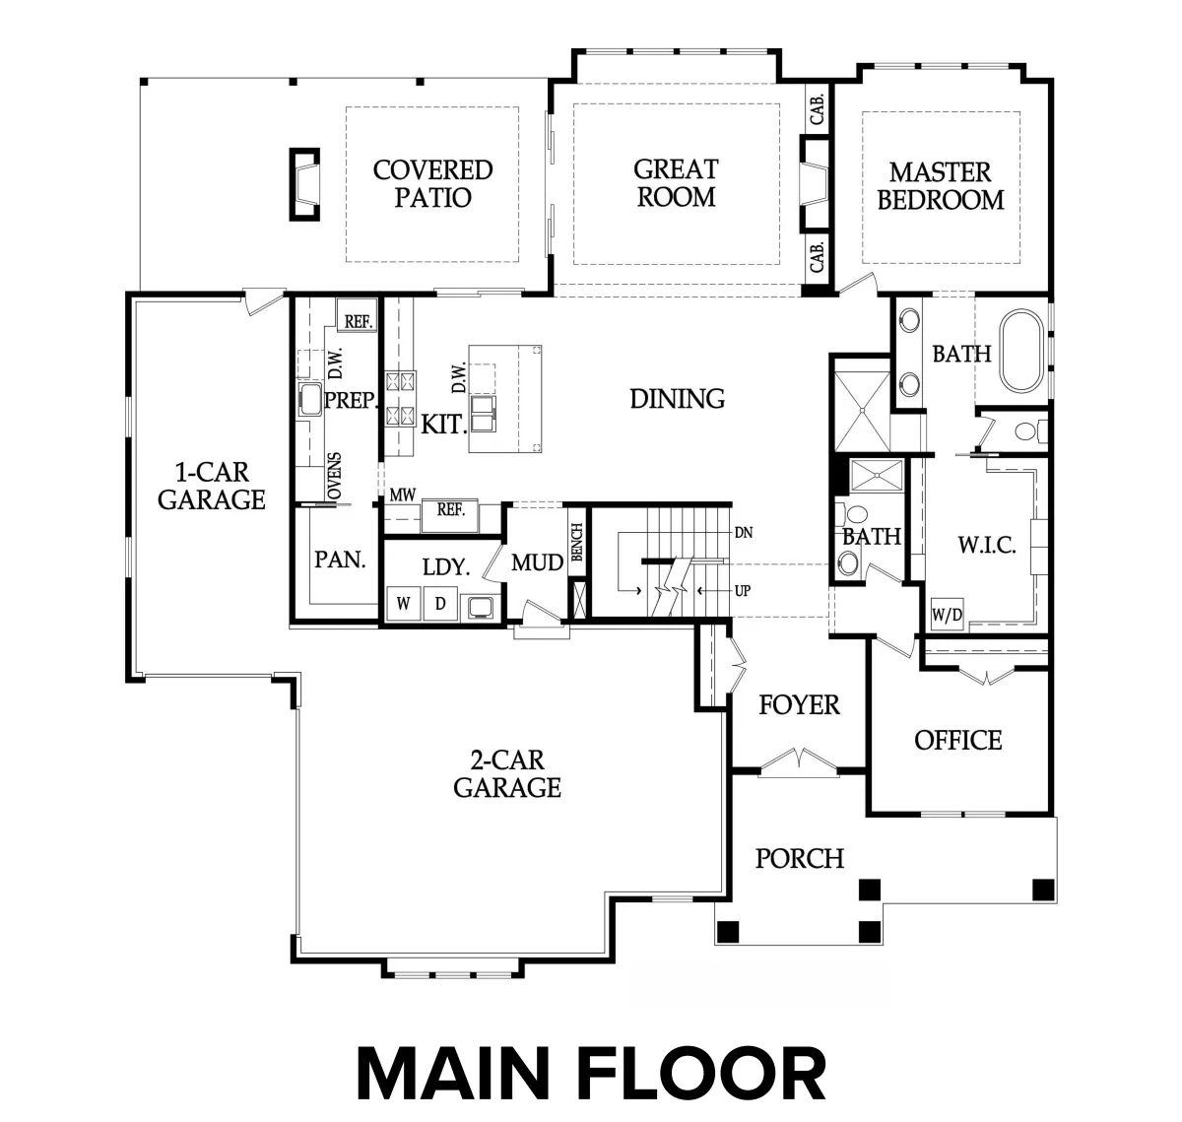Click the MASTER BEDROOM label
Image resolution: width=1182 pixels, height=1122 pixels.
940,186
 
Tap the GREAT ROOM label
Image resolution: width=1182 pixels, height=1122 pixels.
676,183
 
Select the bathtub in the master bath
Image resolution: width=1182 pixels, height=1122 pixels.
1021,351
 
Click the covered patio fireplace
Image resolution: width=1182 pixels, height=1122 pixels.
304,184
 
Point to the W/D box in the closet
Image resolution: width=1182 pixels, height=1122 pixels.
947,614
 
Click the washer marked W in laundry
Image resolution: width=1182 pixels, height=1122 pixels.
403,603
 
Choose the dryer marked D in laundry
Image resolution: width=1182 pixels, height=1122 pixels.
440,603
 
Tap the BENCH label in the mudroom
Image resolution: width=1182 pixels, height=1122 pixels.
576,542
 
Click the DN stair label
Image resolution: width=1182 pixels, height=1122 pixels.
743,532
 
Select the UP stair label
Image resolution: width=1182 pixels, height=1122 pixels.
743,590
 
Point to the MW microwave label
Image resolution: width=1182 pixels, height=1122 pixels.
402,495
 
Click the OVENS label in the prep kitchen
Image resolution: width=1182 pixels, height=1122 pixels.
334,476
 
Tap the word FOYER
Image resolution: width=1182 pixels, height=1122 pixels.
799,705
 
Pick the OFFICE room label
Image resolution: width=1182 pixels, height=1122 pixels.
957,740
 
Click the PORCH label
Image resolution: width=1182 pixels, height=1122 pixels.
799,859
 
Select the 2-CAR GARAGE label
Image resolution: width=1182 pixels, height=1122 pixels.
507,774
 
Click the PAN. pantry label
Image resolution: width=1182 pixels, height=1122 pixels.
340,560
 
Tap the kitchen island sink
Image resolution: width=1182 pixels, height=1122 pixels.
484,414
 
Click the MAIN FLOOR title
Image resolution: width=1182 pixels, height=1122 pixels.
591,1074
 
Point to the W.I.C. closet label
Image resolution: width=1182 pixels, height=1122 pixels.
987,545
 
